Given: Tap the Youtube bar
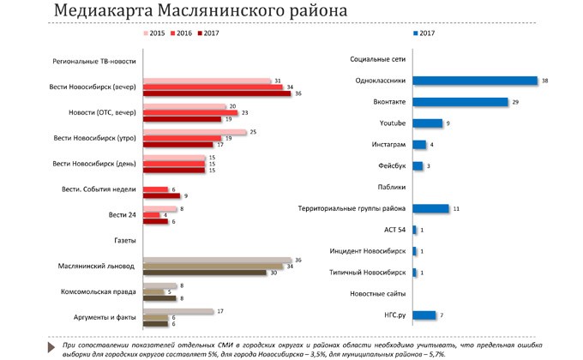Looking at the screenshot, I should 427,123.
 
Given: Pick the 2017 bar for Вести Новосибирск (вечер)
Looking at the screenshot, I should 217,94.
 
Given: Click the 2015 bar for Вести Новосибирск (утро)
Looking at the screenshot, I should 194,131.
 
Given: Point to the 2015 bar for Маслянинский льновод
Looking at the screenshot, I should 217,260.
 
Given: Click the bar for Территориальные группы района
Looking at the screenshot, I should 430,208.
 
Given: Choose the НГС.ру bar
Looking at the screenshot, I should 424,315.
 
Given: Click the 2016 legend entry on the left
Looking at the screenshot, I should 181,33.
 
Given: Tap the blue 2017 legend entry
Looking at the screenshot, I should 425,33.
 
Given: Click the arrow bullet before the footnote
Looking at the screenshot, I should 45,344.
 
